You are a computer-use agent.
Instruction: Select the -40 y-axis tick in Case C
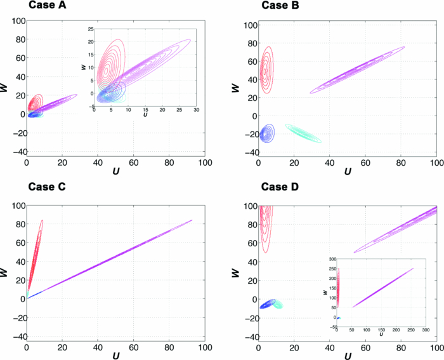coord(17,337)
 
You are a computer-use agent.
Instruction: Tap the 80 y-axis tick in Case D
coord(249,225)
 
